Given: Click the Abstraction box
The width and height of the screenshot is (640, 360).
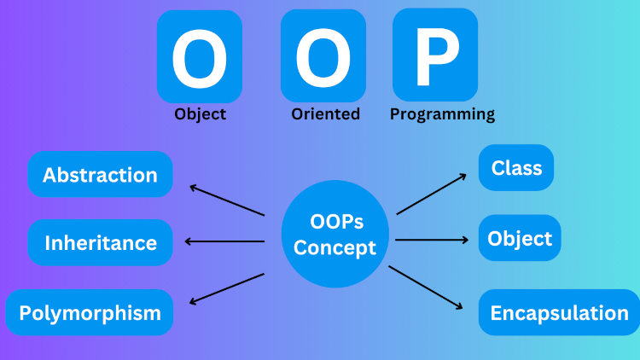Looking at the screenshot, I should point(100,175).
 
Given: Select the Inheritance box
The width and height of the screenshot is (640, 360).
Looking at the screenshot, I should point(100,242).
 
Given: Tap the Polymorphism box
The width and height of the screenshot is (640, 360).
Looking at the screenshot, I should point(90,312).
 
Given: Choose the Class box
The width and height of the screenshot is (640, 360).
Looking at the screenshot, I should point(516,167).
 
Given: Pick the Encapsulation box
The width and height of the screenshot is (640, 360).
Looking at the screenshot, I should point(559,312).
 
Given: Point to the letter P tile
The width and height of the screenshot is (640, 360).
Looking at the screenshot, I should point(435,55).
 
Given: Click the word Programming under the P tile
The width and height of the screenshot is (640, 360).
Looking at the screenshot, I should point(442,113).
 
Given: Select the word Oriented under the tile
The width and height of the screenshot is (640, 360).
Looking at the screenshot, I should point(325,113).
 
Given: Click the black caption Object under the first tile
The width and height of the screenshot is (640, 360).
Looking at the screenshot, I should point(200,113).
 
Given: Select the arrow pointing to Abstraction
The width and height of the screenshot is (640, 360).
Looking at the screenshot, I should point(227,200).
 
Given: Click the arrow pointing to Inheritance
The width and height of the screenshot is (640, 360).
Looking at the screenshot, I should point(224,241).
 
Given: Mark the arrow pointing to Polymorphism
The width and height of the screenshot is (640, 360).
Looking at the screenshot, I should point(227,288).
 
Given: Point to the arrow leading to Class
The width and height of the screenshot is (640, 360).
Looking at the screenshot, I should point(432,194).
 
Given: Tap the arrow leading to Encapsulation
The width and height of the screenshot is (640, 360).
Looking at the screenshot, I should point(428,287).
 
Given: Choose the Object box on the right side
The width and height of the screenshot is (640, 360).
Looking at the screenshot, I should point(520,238).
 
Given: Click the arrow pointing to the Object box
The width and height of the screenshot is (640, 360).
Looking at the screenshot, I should point(430,239).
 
